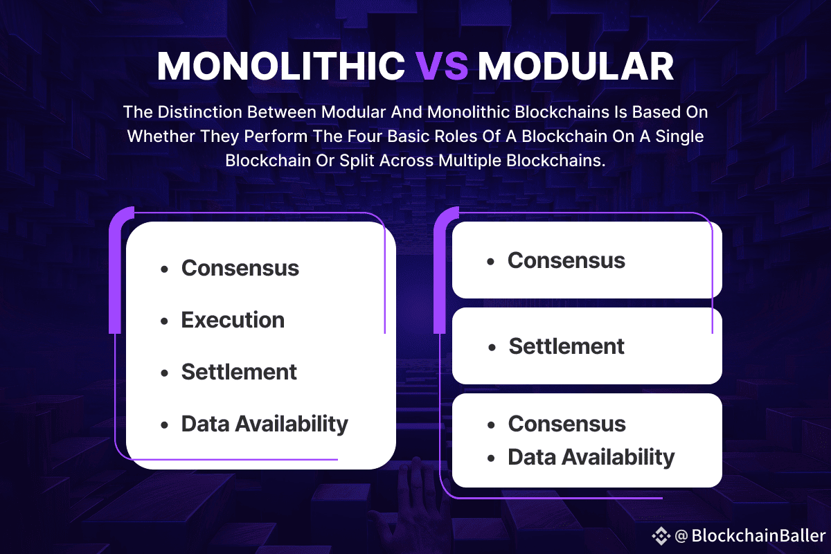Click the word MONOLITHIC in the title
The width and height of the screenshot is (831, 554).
(281, 66)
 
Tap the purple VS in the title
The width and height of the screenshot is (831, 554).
(441, 66)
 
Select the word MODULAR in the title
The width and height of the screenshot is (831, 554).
(575, 66)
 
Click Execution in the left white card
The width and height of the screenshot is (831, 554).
(233, 320)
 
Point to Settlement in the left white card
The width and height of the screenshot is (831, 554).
(239, 372)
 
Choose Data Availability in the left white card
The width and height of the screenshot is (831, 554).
(265, 424)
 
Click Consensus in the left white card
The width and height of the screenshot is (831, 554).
(240, 268)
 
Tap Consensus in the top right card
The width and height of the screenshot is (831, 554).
(566, 260)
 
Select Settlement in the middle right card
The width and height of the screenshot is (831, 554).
(566, 346)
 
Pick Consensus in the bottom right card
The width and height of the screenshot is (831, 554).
(567, 424)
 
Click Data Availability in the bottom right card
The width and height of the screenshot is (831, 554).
(591, 457)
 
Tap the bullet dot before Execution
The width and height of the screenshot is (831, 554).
(164, 321)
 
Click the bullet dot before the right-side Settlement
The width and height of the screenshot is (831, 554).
(492, 348)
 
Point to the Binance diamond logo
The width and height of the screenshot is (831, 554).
(661, 536)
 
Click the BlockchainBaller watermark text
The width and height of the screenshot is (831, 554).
(759, 535)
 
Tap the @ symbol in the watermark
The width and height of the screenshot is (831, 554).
(681, 536)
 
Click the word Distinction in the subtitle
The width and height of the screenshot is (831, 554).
(200, 112)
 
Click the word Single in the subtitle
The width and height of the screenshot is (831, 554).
(679, 136)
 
